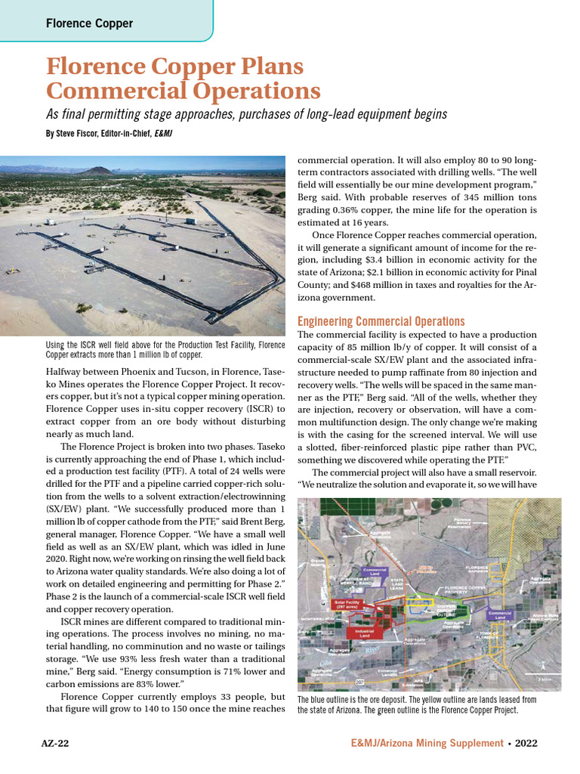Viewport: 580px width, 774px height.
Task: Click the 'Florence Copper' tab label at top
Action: [89, 23]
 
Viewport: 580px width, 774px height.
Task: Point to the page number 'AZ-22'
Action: [54, 743]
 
